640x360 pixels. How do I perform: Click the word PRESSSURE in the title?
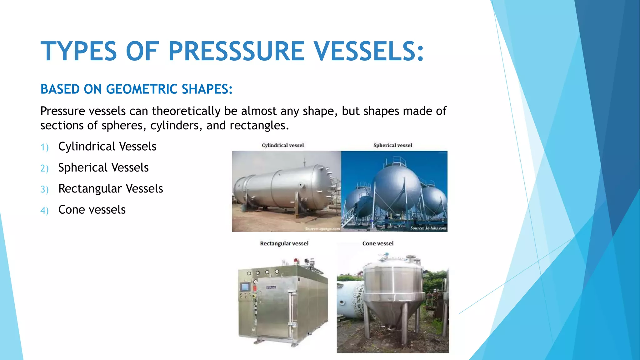236,51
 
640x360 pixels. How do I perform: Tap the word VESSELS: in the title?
369,51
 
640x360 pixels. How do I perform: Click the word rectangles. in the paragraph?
259,125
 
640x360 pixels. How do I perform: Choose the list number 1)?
44,147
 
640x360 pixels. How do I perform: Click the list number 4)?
44,210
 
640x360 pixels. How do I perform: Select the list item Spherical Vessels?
103,167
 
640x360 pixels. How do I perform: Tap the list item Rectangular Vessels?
110,188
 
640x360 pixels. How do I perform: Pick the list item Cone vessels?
92,210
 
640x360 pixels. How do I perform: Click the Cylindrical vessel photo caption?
282,145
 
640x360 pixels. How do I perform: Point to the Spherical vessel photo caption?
392,145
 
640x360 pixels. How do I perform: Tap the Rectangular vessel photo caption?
284,243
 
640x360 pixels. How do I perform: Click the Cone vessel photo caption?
378,243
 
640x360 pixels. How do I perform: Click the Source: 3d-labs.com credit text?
428,228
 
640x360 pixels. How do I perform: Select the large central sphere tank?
397,187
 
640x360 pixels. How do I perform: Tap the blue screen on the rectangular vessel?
245,286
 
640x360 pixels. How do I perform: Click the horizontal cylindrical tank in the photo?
284,187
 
